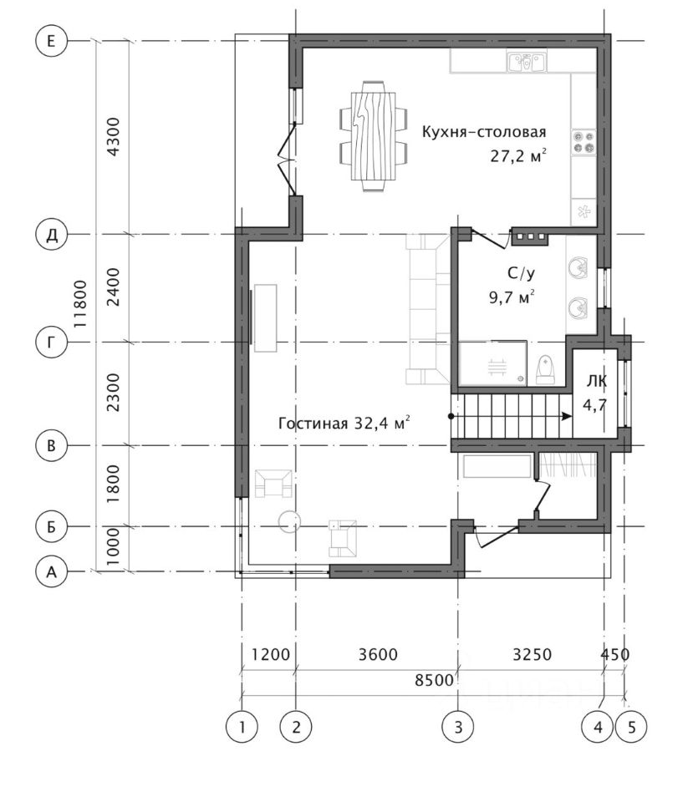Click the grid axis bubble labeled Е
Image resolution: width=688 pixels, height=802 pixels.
51,41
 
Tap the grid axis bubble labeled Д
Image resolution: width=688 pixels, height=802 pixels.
51,236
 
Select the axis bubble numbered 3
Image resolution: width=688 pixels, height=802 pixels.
458,726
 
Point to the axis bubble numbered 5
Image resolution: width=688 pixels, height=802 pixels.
631,726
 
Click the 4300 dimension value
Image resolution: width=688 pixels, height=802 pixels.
113,137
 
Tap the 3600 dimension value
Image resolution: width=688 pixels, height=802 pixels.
378,654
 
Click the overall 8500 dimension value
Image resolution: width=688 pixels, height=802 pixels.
434,680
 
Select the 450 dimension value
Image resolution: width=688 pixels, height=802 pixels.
614,654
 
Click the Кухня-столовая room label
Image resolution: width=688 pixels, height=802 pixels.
484,132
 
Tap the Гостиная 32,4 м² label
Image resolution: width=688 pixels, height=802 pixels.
344,423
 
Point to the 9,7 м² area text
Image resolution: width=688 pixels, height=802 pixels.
512,297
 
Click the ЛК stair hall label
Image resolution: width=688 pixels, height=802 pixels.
597,381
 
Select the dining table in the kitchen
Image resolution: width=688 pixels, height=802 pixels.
374,136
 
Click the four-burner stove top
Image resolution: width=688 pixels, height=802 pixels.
584,142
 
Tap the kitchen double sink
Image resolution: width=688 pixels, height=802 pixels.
527,61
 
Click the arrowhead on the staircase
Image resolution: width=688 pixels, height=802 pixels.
567,416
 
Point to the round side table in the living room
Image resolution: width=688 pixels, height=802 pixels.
289,520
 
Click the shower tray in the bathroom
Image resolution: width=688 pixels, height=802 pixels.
493,363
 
